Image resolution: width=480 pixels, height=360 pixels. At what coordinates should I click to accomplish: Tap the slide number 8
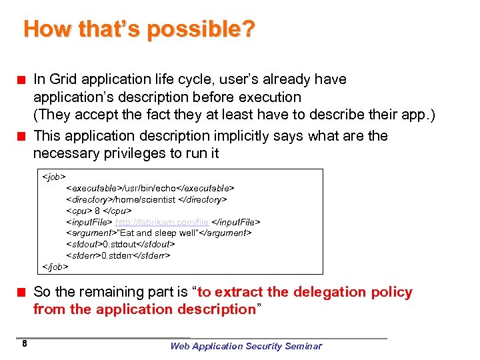[24, 344]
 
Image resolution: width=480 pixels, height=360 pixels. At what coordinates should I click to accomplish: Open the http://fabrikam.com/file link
[162, 221]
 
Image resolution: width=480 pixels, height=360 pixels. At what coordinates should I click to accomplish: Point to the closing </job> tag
[55, 266]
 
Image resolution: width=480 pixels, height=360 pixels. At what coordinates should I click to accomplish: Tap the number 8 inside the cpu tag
[98, 210]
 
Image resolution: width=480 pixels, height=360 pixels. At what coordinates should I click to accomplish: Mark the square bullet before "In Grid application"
[21, 80]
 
